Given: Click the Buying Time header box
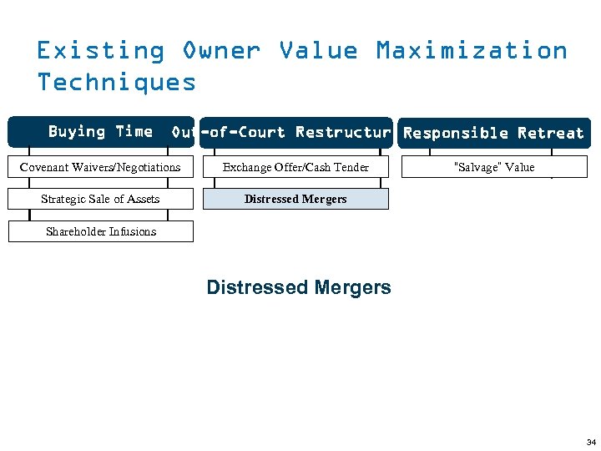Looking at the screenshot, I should click(x=100, y=132).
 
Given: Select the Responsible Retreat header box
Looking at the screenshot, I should click(x=493, y=133).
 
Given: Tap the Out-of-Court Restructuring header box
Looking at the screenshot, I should click(x=295, y=132).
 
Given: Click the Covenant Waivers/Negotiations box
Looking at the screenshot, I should click(x=100, y=167).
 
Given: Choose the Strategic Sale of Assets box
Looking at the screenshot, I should click(x=100, y=199).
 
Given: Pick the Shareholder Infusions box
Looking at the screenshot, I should click(x=100, y=231).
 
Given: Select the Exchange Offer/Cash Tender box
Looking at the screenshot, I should click(x=295, y=167).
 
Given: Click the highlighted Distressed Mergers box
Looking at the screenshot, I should click(x=295, y=199).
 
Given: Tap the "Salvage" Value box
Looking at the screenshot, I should click(x=493, y=167).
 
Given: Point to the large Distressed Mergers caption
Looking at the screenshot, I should click(x=298, y=287).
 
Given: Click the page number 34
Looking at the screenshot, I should click(x=591, y=442).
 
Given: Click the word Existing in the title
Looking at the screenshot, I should click(x=100, y=51).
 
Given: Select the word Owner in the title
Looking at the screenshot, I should click(x=221, y=51).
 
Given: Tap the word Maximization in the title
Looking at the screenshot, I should click(x=472, y=51).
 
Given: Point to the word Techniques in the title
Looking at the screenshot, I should click(x=117, y=82).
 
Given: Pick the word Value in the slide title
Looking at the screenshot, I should click(x=318, y=51).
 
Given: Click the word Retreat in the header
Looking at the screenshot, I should click(x=550, y=133).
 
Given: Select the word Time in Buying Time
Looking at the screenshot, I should click(x=134, y=131).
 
